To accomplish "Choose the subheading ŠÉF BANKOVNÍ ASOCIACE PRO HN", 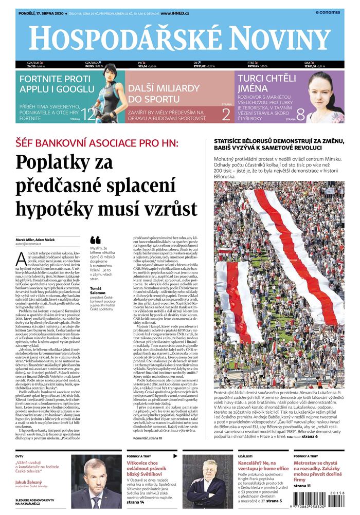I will click(97, 141).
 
